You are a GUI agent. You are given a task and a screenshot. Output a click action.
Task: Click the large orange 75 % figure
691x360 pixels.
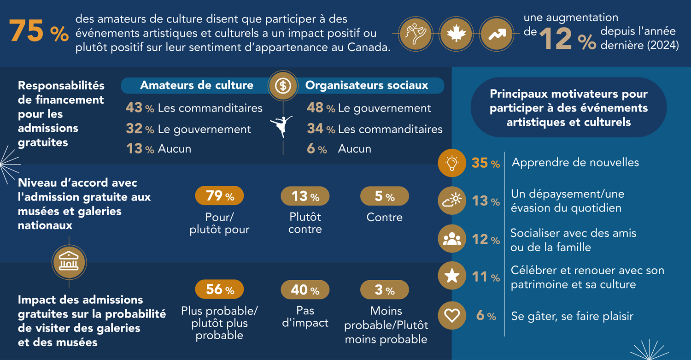point(39,32)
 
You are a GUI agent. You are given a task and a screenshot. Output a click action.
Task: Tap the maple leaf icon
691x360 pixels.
point(456,34)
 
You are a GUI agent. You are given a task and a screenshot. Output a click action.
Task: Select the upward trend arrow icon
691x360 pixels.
point(496,34)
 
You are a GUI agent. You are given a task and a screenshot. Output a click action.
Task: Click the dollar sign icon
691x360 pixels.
point(283,86)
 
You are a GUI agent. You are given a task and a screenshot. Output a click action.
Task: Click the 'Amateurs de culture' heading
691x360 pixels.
point(197,85)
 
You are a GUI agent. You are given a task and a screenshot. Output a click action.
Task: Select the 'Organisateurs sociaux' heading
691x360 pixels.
point(367,85)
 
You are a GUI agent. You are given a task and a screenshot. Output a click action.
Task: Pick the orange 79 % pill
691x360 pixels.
point(220,196)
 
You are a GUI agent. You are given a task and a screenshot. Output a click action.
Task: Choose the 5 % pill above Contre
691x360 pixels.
point(384,196)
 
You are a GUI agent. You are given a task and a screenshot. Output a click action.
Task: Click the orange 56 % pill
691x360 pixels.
point(220,289)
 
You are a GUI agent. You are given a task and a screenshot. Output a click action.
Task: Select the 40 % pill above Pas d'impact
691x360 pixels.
point(305,289)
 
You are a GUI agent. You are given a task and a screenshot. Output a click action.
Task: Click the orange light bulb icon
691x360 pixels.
point(451,163)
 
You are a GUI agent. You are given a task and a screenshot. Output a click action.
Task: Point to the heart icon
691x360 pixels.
point(451,316)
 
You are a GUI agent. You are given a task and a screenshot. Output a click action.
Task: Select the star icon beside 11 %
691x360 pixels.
point(451,277)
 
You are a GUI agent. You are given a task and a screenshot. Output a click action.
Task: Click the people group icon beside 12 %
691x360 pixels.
point(451,239)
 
